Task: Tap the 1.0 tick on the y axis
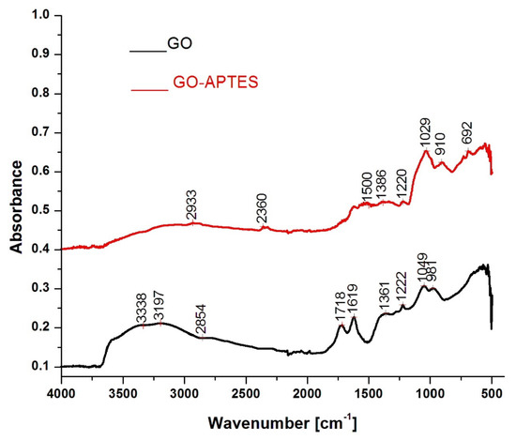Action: click(x=39, y=16)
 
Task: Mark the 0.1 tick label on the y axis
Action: click(x=39, y=366)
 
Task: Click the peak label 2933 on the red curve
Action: click(x=192, y=208)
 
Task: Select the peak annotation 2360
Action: click(x=264, y=214)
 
